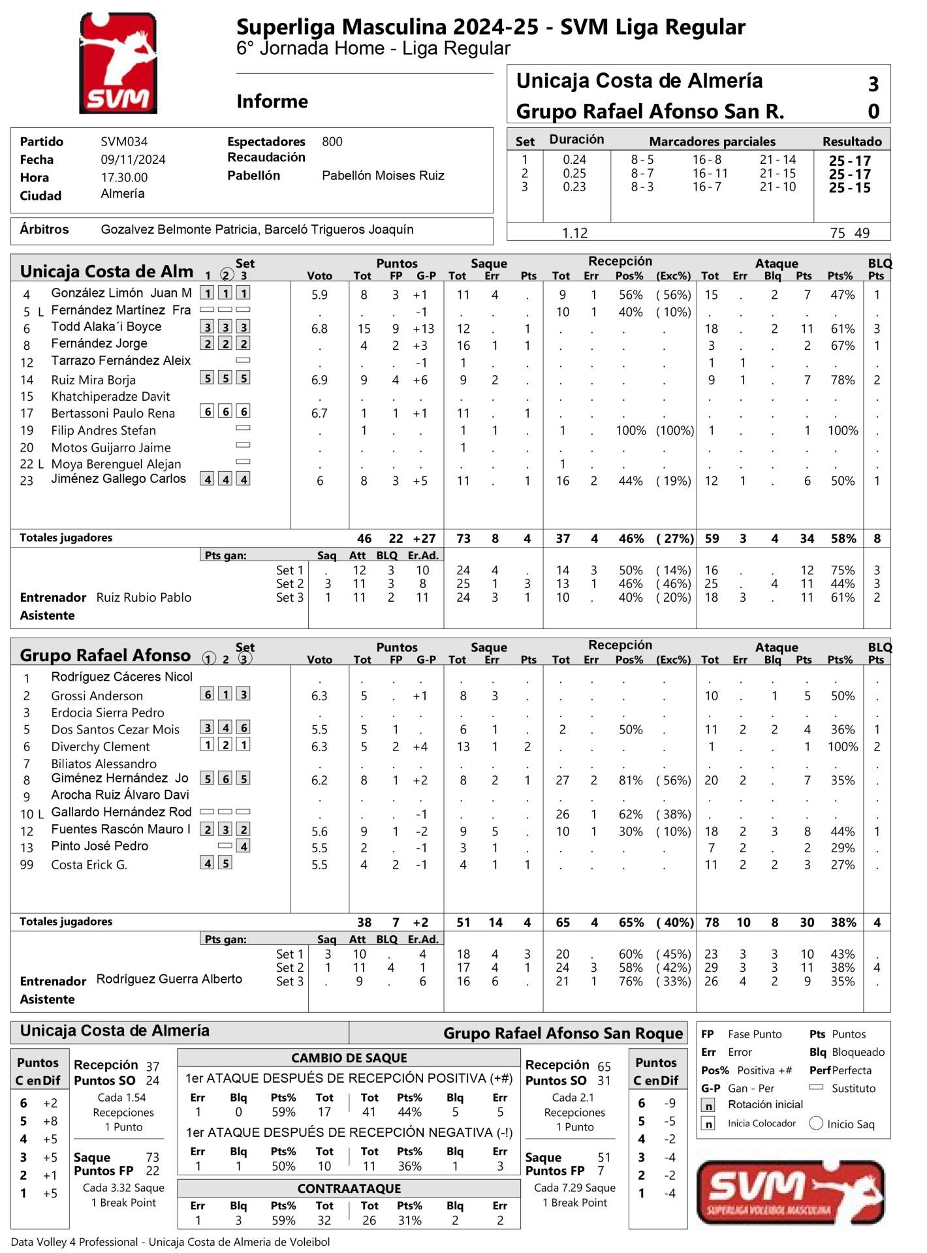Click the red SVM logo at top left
coord(118,64)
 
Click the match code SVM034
coord(124,142)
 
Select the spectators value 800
coord(332,142)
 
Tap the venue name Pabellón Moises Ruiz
coord(383,176)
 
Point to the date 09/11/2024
coord(133,160)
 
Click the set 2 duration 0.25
coord(574,174)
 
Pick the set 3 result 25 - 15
coord(849,188)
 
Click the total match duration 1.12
coord(574,233)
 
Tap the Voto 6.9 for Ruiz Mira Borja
coord(319,380)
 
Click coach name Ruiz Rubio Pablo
coord(144,598)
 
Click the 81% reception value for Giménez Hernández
coord(630,781)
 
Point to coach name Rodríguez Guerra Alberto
coord(169,979)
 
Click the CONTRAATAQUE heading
coord(349,1188)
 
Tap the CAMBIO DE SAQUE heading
coord(349,1058)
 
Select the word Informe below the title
coord(272,102)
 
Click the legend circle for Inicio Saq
coord(816,1123)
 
